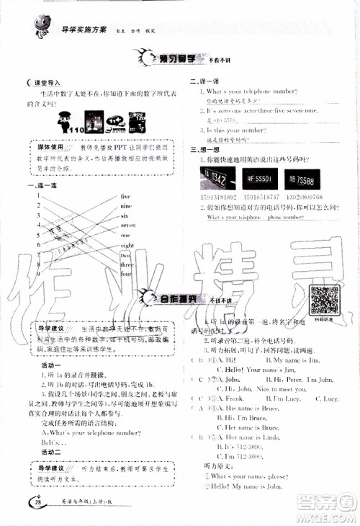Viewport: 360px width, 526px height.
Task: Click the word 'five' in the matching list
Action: point(126,196)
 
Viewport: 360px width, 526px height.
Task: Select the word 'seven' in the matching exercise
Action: point(127,225)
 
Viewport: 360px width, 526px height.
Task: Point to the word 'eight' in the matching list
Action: point(127,245)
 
